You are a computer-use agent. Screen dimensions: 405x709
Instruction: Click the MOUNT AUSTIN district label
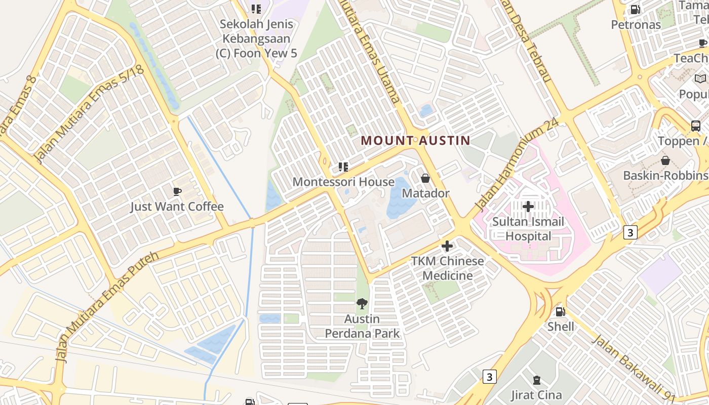(x=415, y=141)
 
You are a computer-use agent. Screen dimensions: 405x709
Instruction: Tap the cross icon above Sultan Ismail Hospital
(x=528, y=207)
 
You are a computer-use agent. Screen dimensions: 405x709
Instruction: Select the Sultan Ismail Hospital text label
(x=528, y=229)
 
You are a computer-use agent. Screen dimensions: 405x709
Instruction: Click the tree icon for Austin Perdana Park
(x=362, y=304)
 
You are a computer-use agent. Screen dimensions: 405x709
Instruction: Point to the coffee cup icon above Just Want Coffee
(x=177, y=191)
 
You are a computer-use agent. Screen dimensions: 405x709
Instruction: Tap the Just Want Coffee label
(x=177, y=207)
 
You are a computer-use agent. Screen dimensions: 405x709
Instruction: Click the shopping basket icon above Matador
(x=425, y=178)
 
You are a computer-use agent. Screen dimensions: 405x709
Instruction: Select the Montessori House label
(x=343, y=182)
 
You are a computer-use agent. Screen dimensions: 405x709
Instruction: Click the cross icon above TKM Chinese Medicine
(x=447, y=247)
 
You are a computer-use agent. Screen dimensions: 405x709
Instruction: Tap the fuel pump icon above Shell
(x=560, y=312)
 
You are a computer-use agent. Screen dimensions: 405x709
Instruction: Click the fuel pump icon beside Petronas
(x=635, y=10)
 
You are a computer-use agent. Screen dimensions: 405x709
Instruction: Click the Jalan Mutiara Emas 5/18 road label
(x=90, y=115)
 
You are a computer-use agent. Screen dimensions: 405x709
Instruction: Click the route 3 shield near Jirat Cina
(x=489, y=377)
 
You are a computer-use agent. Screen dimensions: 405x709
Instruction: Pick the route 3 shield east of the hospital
(x=630, y=232)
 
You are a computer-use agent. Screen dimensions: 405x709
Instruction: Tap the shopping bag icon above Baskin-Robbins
(x=665, y=160)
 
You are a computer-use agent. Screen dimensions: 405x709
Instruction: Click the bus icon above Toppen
(x=696, y=126)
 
